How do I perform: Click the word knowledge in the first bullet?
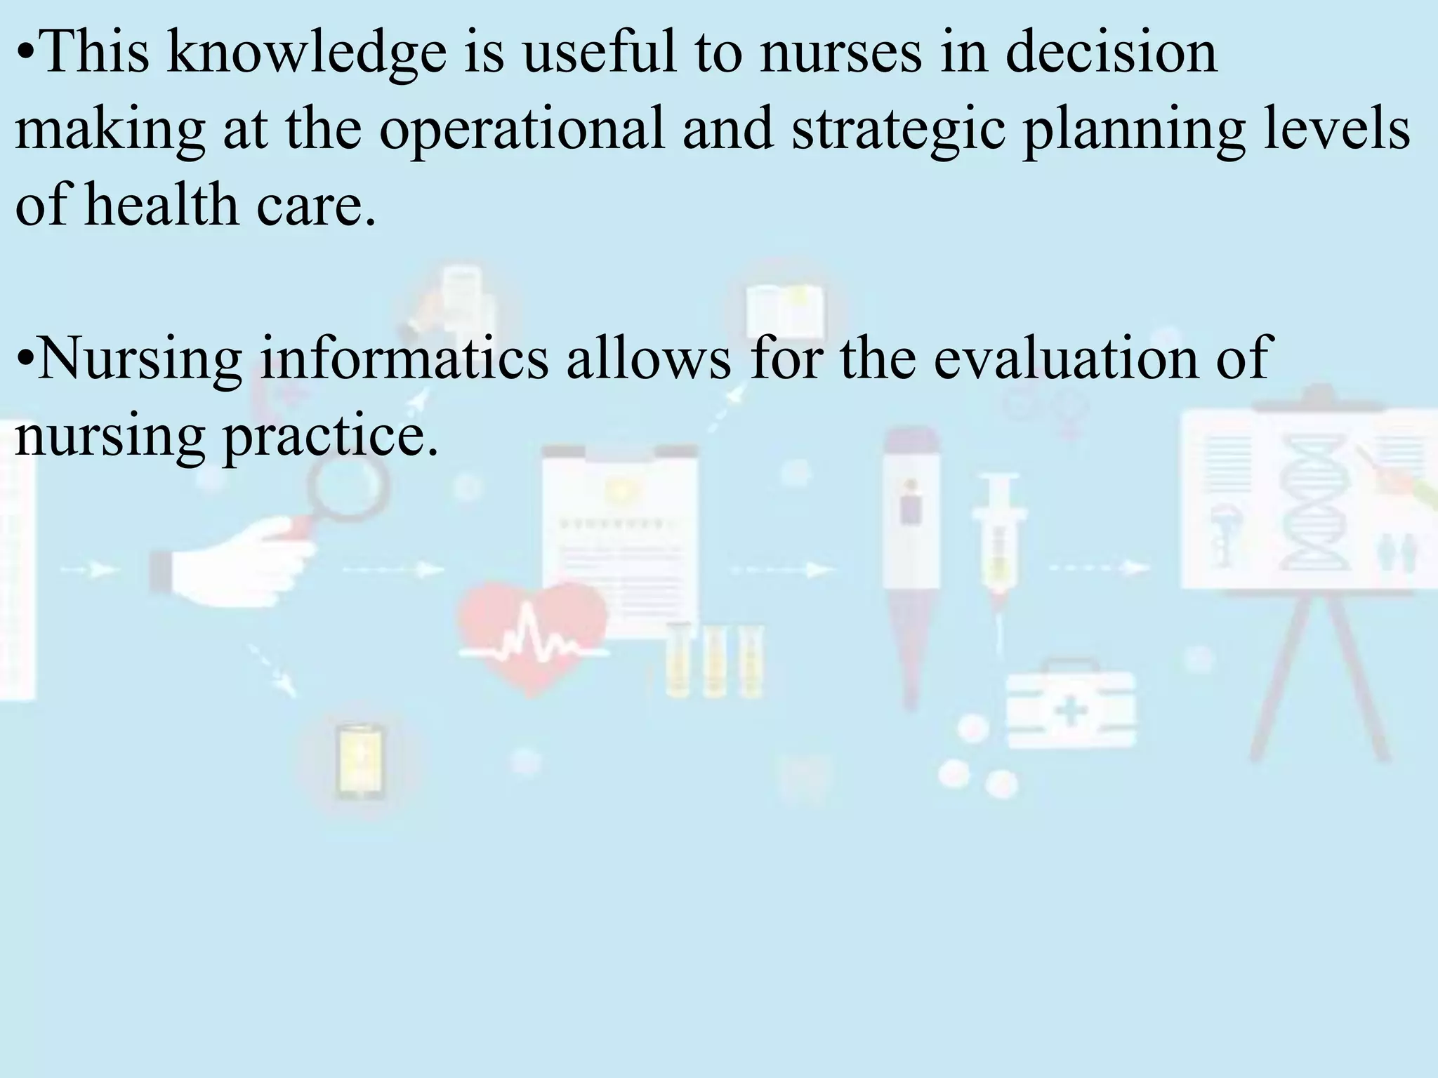pyautogui.click(x=307, y=54)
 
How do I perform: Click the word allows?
pyautogui.click(x=649, y=358)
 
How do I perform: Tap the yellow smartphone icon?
pyautogui.click(x=360, y=761)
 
